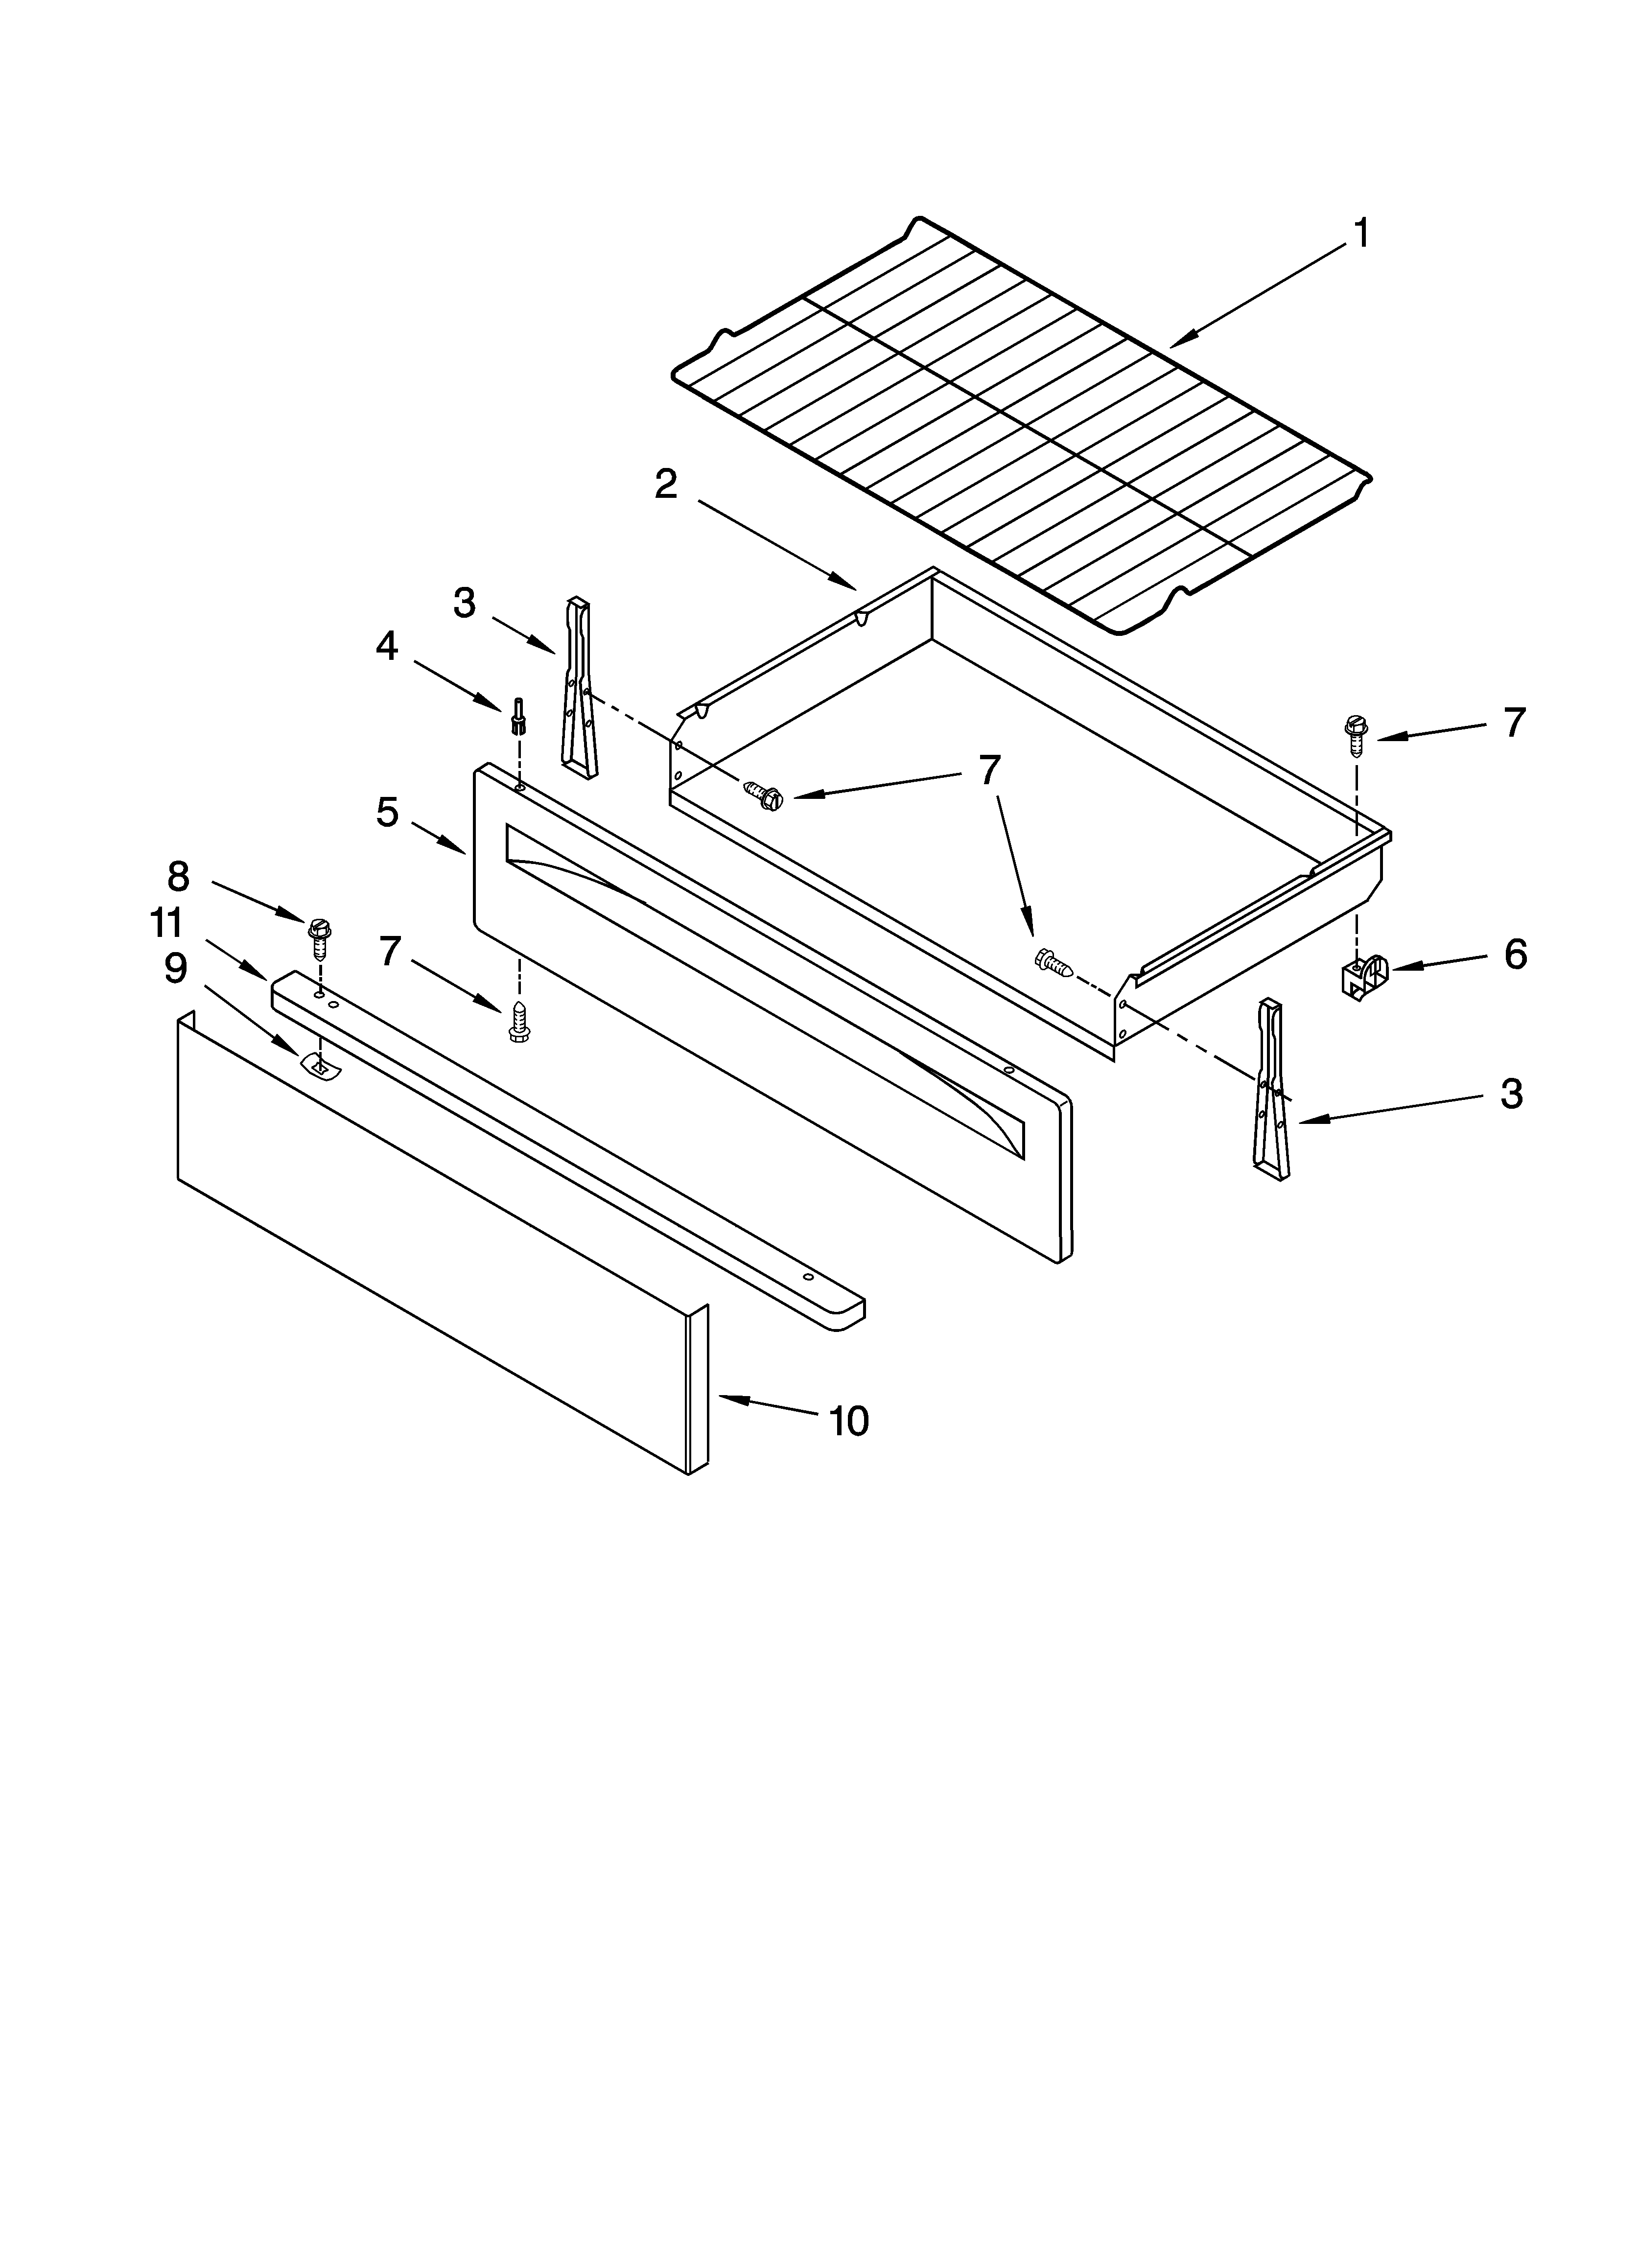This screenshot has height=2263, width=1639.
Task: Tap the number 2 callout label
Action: point(666,485)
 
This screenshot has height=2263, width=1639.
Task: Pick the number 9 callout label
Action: point(176,968)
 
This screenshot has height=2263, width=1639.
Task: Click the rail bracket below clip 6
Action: point(1271,1090)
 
